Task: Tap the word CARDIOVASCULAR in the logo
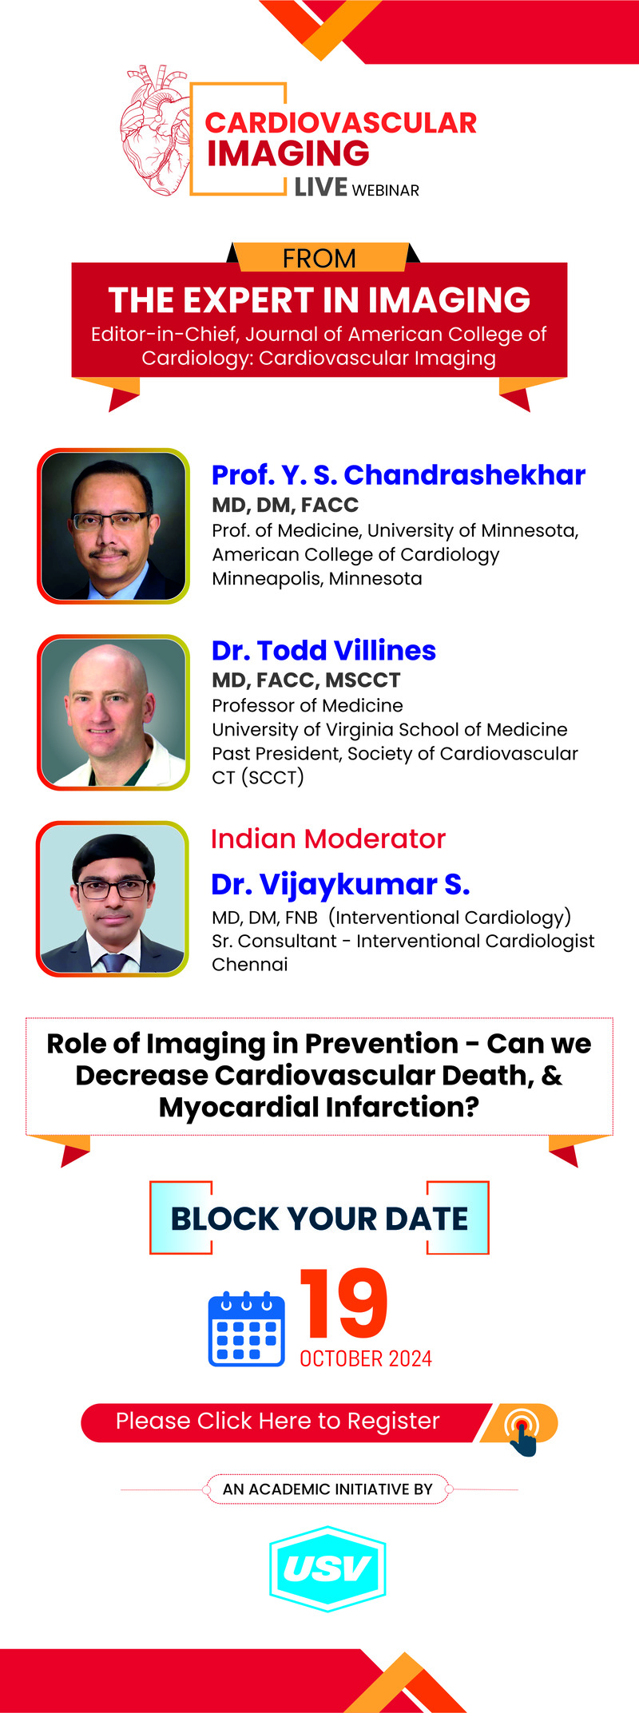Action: (341, 123)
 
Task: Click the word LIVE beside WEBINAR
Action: (321, 188)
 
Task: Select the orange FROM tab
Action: (319, 257)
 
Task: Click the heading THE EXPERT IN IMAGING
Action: (319, 300)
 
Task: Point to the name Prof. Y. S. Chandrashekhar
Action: (399, 475)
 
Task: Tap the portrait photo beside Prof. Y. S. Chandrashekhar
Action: (113, 526)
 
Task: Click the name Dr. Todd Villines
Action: (323, 650)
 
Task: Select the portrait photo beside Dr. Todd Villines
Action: (113, 712)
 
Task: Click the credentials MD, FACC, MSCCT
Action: (306, 680)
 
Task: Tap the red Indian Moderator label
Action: (328, 839)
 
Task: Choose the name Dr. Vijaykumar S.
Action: (340, 884)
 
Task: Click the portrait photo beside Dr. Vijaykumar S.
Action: (113, 898)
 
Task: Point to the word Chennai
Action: (250, 965)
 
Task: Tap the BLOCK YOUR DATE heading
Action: (319, 1219)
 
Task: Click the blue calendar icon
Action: (247, 1328)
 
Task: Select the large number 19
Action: (343, 1303)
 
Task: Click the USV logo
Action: (327, 1568)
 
